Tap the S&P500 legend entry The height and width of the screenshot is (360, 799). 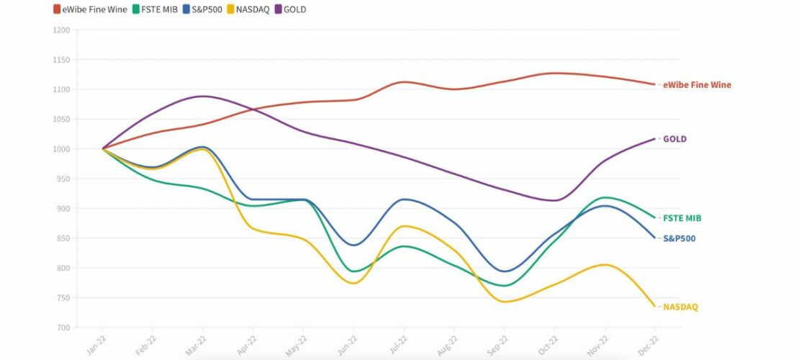(x=204, y=9)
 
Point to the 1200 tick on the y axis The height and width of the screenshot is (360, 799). (x=62, y=30)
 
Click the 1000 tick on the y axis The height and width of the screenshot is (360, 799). (x=62, y=149)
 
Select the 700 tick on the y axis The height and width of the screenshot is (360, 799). (x=63, y=328)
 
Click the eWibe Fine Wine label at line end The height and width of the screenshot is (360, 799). (x=697, y=85)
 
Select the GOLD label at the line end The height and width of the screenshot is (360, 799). (x=674, y=139)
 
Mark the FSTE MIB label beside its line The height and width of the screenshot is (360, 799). (x=682, y=218)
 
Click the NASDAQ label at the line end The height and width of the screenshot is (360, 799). (x=680, y=307)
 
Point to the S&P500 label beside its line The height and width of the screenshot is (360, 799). (x=680, y=238)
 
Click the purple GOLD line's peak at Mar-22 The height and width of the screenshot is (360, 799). (x=204, y=96)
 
